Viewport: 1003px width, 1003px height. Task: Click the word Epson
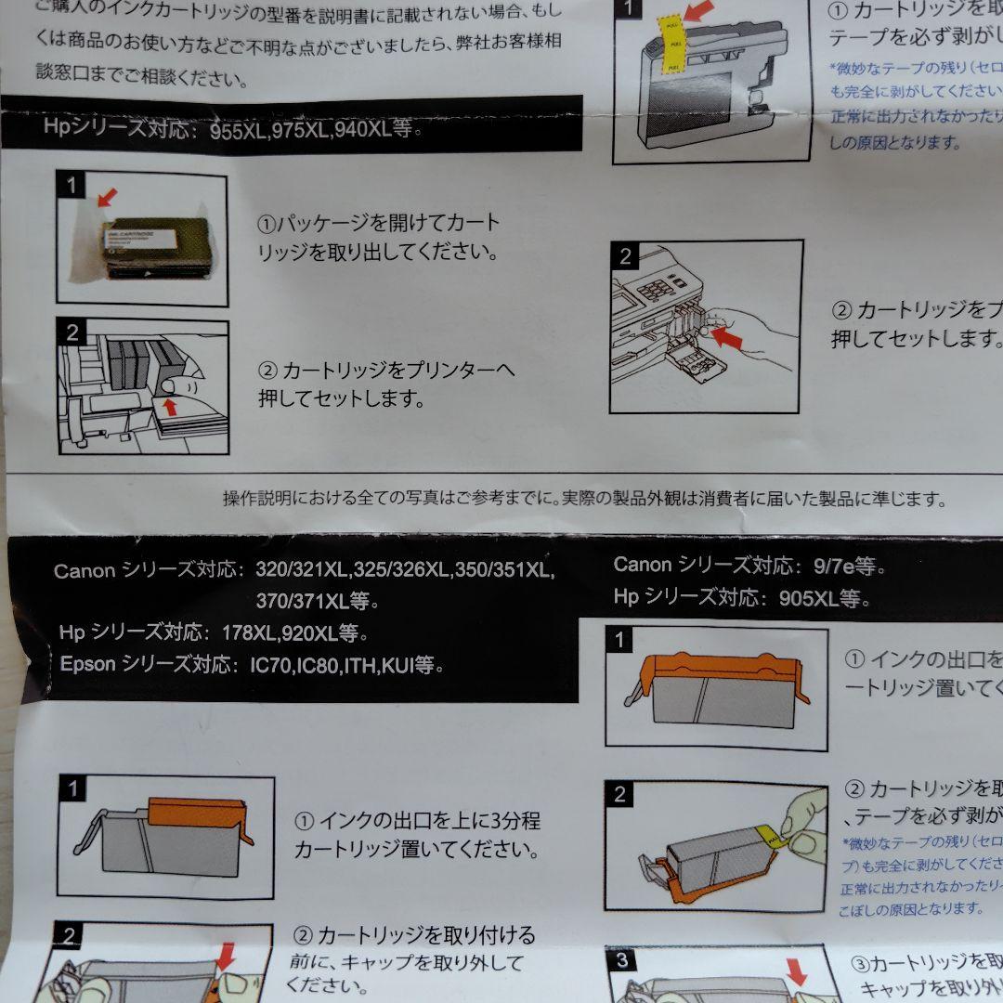[87, 665]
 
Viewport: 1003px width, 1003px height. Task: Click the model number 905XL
[810, 597]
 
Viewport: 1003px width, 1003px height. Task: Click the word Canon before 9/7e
[643, 565]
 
